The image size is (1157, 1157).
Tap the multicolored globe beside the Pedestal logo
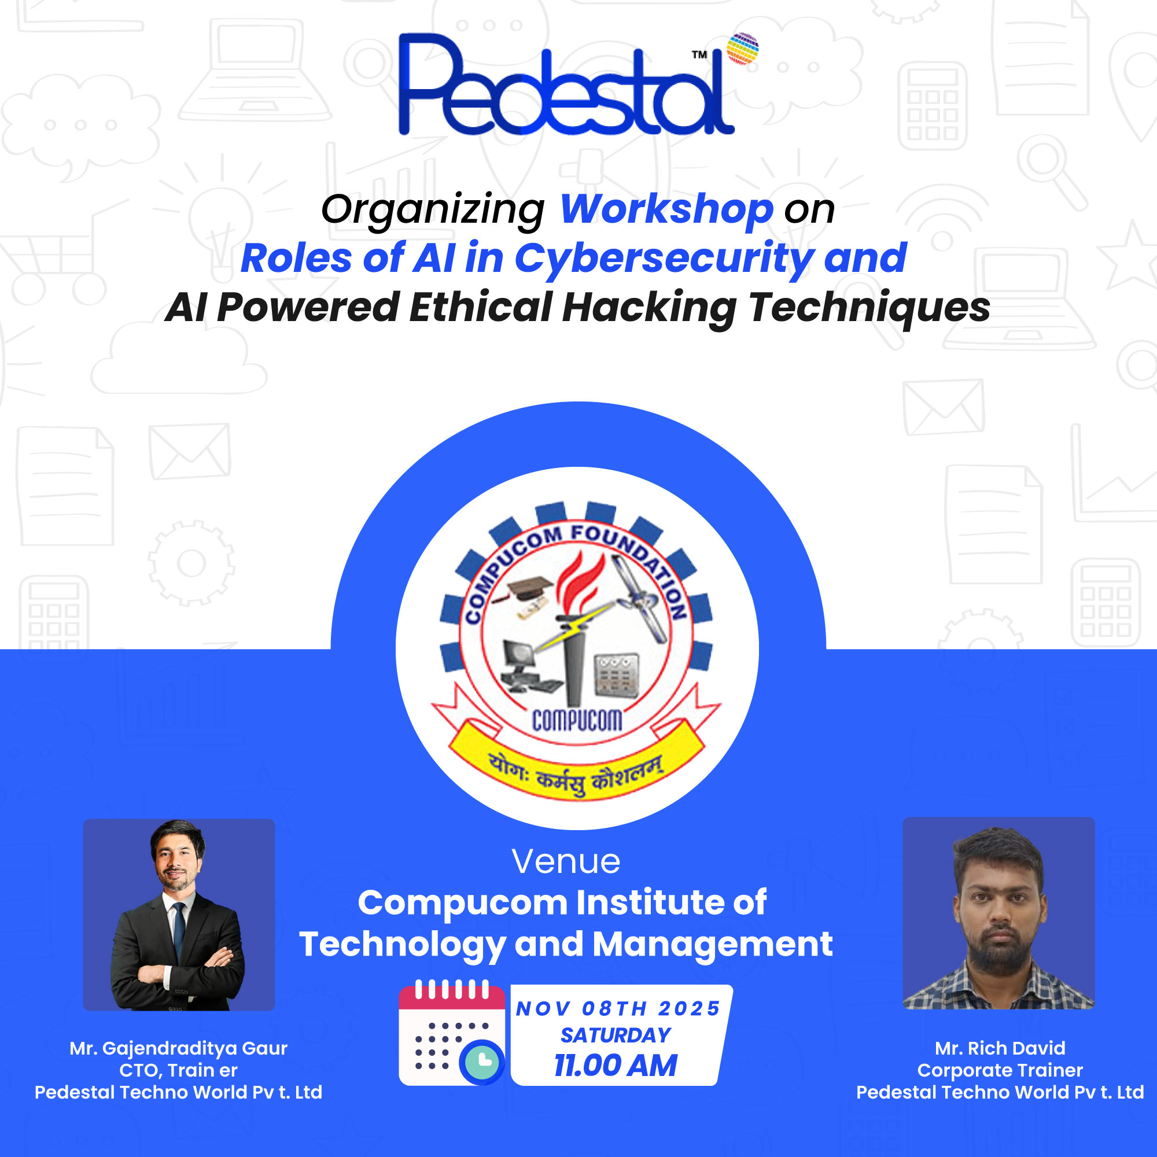click(742, 49)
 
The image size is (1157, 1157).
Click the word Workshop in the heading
click(666, 209)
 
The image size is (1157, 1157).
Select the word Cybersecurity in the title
click(664, 258)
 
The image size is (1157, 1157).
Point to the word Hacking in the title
click(649, 307)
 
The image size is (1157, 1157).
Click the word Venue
click(566, 862)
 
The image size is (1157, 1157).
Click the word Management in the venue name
click(712, 945)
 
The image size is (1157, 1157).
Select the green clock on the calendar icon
click(481, 1062)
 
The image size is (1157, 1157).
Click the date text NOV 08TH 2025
click(618, 1008)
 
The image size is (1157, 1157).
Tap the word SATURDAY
click(616, 1035)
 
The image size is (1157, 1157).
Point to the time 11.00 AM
click(616, 1066)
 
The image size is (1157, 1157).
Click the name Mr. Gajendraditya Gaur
click(178, 1048)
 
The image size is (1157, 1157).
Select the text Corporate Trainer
click(1000, 1070)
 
